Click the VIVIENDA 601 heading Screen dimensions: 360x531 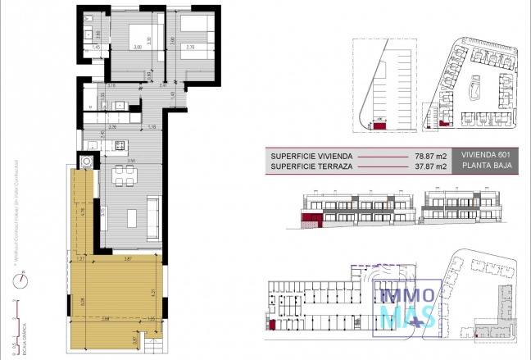[x=486, y=154]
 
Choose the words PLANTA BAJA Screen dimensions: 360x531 [x=486, y=166]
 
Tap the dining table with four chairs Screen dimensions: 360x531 [x=125, y=174]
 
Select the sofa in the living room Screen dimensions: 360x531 [x=153, y=213]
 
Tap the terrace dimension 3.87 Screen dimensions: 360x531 [x=126, y=258]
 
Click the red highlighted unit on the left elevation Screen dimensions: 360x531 [x=310, y=221]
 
